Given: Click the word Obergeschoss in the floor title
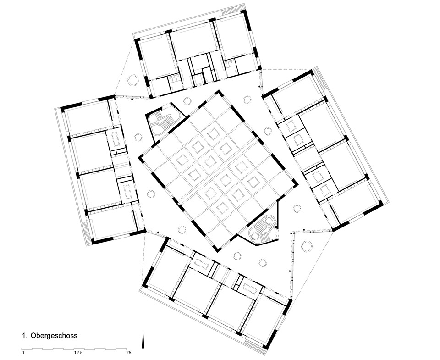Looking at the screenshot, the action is pos(54,335).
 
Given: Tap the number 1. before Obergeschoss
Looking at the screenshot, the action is pos(25,335).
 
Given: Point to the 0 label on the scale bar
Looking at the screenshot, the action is pos(22,352).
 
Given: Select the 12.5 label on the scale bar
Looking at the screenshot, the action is pos(78,352).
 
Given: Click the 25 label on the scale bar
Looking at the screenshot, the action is pos(128,352).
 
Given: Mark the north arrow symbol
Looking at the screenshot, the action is pos(143,340).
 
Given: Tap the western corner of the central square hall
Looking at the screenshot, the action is pos(139,158).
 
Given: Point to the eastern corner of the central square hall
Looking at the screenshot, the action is pos(297,184).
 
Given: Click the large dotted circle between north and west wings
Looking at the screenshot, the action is pos(133,80).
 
